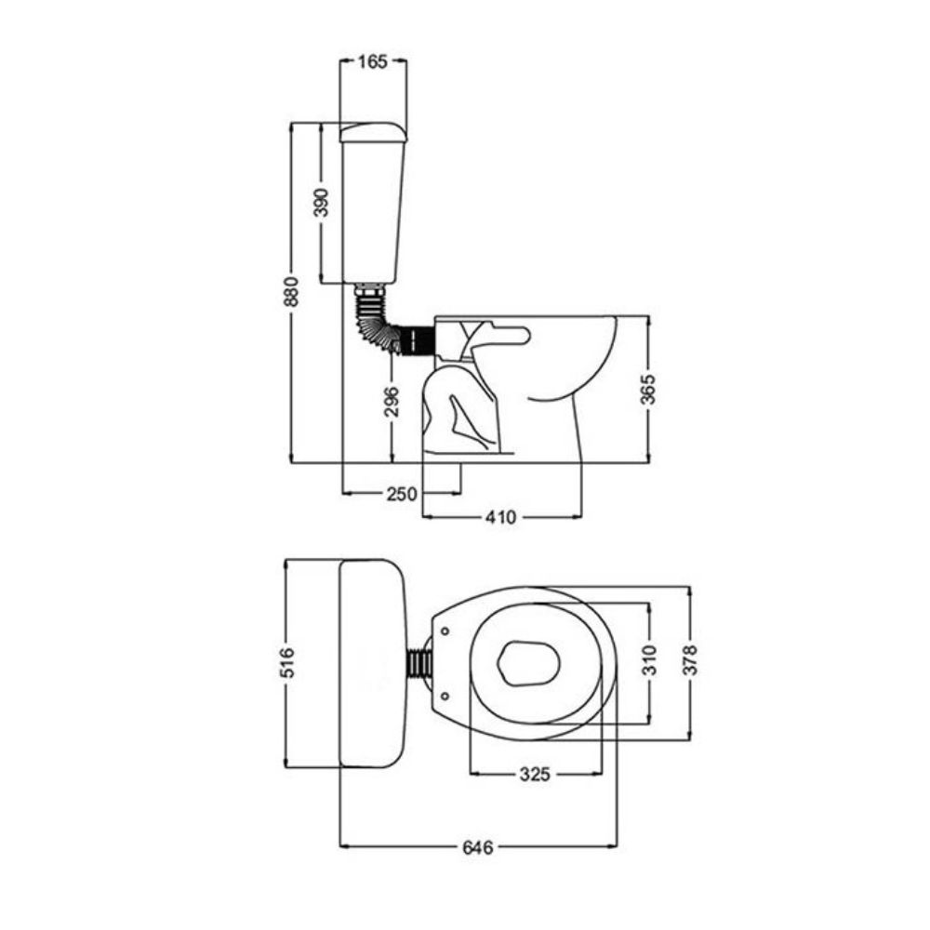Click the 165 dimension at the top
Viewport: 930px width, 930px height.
tap(373, 61)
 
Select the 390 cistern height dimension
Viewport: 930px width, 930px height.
tap(321, 202)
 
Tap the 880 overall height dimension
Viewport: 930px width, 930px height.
tap(290, 291)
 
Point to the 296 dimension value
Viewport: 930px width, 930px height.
tap(392, 401)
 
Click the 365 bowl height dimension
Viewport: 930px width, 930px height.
tap(649, 389)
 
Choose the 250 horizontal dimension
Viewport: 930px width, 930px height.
tap(402, 494)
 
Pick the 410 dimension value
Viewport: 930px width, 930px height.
tap(500, 517)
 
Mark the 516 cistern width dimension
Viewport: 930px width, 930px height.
tap(286, 662)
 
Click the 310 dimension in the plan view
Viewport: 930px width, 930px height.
tap(650, 660)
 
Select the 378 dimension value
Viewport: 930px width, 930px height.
tap(690, 660)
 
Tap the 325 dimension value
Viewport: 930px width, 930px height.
tap(535, 774)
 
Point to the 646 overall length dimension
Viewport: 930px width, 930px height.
tap(477, 847)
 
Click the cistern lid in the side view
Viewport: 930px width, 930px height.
tap(373, 132)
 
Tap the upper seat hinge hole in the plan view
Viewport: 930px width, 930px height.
tap(445, 631)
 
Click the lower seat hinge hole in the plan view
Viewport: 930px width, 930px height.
tap(445, 695)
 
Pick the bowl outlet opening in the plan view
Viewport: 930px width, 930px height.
tap(529, 662)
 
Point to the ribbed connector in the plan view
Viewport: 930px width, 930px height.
tap(419, 662)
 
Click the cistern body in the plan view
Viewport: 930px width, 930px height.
tap(373, 662)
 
